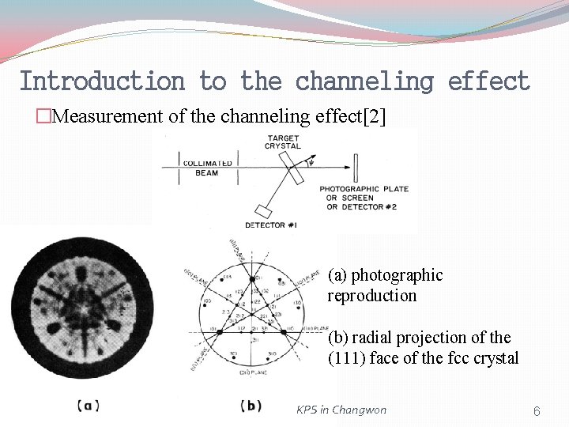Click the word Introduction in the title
pos(101,81)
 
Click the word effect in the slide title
pos(488,81)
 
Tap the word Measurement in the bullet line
pos(110,117)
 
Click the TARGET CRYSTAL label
pos(282,142)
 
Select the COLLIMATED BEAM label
pos(207,168)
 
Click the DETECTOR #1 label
pos(270,225)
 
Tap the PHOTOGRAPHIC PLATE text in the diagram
pos(352,189)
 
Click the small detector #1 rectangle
pos(263,210)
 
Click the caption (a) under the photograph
pos(89,406)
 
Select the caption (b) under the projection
pos(251,406)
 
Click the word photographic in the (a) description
pos(397,275)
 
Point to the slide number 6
pos(537,411)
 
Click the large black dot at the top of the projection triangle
pos(253,279)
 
